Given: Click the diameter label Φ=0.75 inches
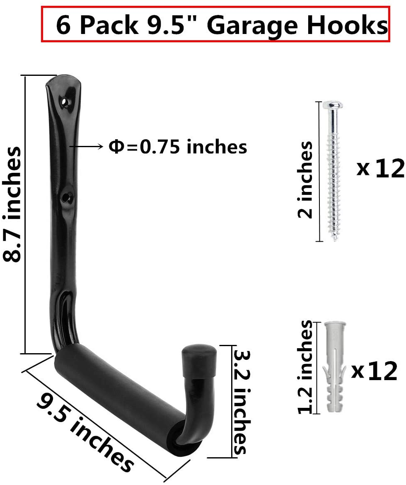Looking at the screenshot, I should coord(178,146).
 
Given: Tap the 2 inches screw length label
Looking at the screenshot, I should coord(305,179).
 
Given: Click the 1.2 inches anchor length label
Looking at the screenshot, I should coord(305,367).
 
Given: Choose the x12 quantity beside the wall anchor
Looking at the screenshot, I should coord(375,370).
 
